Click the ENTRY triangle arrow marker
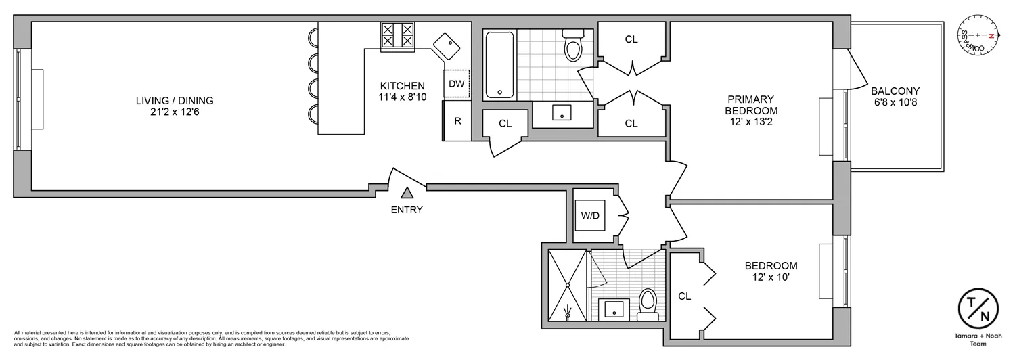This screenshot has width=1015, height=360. (x=407, y=194)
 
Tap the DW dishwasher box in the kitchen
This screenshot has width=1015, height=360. (x=457, y=84)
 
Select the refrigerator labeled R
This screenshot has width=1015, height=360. (x=457, y=121)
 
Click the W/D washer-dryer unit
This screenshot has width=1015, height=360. (x=590, y=216)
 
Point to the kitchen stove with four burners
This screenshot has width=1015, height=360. (x=397, y=35)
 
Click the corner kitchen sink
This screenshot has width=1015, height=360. (x=447, y=46)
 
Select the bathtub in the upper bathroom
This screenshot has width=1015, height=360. (x=500, y=65)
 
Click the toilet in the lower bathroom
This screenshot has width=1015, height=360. (x=648, y=304)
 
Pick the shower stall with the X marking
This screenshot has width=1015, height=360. (x=567, y=286)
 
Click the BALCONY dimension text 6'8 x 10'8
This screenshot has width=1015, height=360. (x=895, y=103)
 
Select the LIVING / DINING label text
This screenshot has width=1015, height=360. (x=175, y=101)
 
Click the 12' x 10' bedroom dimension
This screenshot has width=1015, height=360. (x=771, y=277)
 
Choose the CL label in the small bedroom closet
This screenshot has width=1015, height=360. (x=684, y=296)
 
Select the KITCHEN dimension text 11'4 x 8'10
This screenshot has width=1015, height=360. (x=402, y=97)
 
